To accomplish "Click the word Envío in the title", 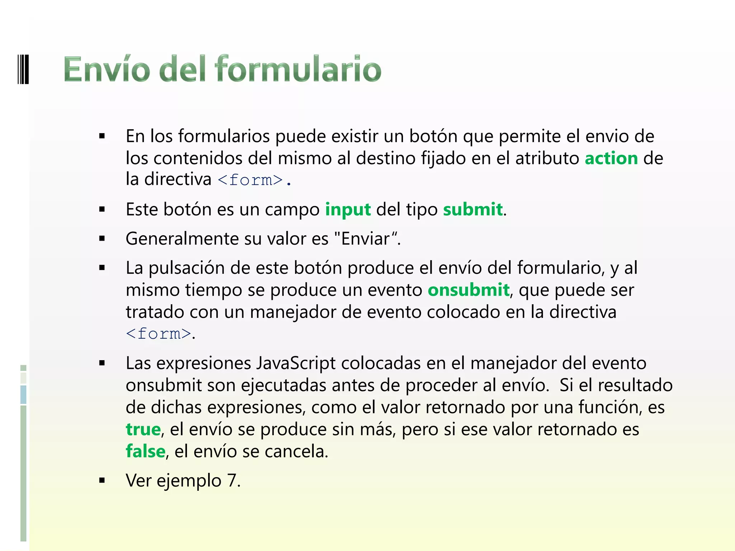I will (x=107, y=69).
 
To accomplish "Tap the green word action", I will (x=611, y=158).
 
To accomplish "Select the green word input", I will (x=348, y=209).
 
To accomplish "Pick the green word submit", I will (x=473, y=209).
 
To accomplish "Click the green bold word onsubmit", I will (x=468, y=290).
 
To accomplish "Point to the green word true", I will (x=143, y=429).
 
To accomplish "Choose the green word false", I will (x=145, y=451).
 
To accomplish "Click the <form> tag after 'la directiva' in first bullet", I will (x=250, y=180).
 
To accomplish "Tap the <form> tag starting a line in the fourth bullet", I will (x=158, y=334).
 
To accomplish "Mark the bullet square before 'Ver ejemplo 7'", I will (x=102, y=481).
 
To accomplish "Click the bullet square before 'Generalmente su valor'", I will (x=102, y=239).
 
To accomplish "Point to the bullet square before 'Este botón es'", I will (x=102, y=209).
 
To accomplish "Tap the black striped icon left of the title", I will (x=23, y=69).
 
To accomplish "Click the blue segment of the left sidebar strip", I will (x=23, y=394).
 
